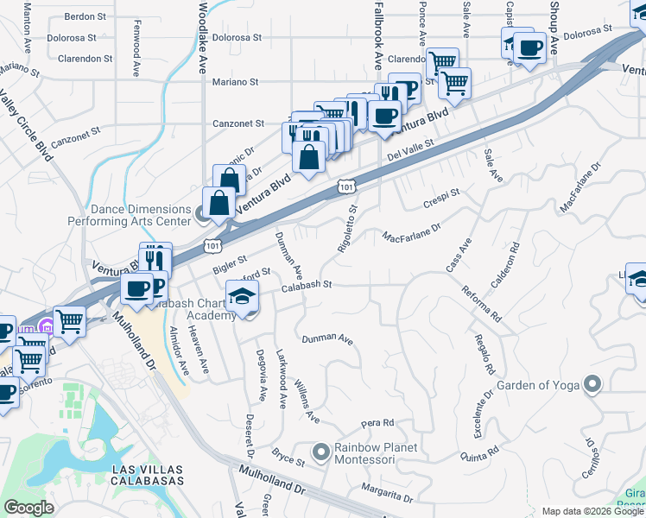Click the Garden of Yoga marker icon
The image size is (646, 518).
(x=592, y=383)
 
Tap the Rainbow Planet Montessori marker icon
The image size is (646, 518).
(x=321, y=452)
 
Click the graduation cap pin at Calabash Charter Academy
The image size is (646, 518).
(x=242, y=296)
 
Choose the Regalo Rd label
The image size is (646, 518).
(x=484, y=354)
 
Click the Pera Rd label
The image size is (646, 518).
(x=377, y=423)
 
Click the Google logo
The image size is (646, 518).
(x=28, y=508)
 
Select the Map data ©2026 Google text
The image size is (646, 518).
(x=592, y=511)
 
